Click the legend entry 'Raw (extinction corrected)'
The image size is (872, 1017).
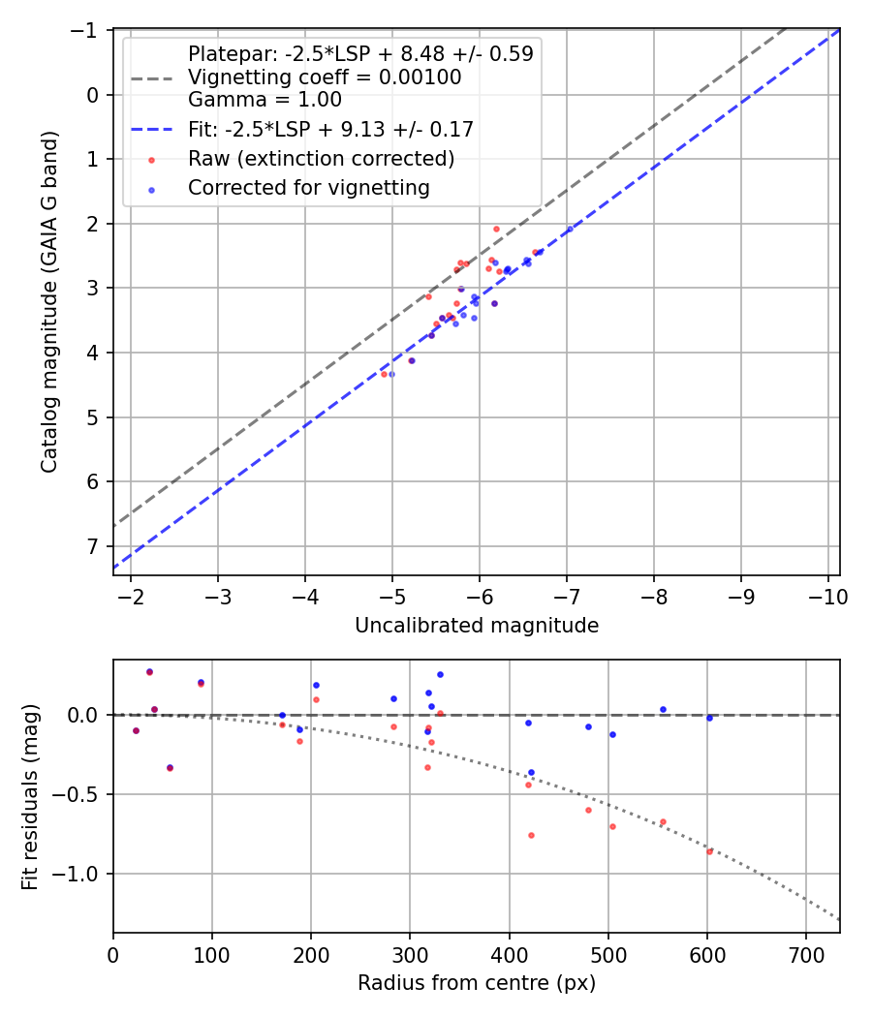pyautogui.click(x=321, y=158)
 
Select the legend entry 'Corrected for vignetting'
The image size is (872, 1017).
pyautogui.click(x=308, y=188)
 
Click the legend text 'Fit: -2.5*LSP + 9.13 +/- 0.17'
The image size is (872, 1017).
pyautogui.click(x=330, y=129)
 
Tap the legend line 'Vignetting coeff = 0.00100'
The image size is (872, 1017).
pyautogui.click(x=325, y=77)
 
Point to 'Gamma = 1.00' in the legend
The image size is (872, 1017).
pyautogui.click(x=265, y=99)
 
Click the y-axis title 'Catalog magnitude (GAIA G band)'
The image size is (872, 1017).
pyautogui.click(x=50, y=301)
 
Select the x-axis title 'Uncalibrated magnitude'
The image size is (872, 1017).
pyautogui.click(x=477, y=626)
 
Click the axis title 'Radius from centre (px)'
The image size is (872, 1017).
pyautogui.click(x=477, y=983)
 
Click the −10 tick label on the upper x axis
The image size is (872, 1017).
pyautogui.click(x=828, y=597)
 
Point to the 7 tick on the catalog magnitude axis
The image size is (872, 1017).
pyautogui.click(x=92, y=546)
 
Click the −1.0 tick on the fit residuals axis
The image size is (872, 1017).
pyautogui.click(x=81, y=874)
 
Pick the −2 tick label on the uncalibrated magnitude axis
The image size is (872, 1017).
pyautogui.click(x=131, y=597)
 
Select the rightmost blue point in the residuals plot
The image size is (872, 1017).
pyautogui.click(x=709, y=718)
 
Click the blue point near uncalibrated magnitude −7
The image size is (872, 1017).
pyautogui.click(x=570, y=229)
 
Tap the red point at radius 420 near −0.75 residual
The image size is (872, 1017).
pyautogui.click(x=531, y=835)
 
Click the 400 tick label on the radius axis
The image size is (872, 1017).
pyautogui.click(x=509, y=954)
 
